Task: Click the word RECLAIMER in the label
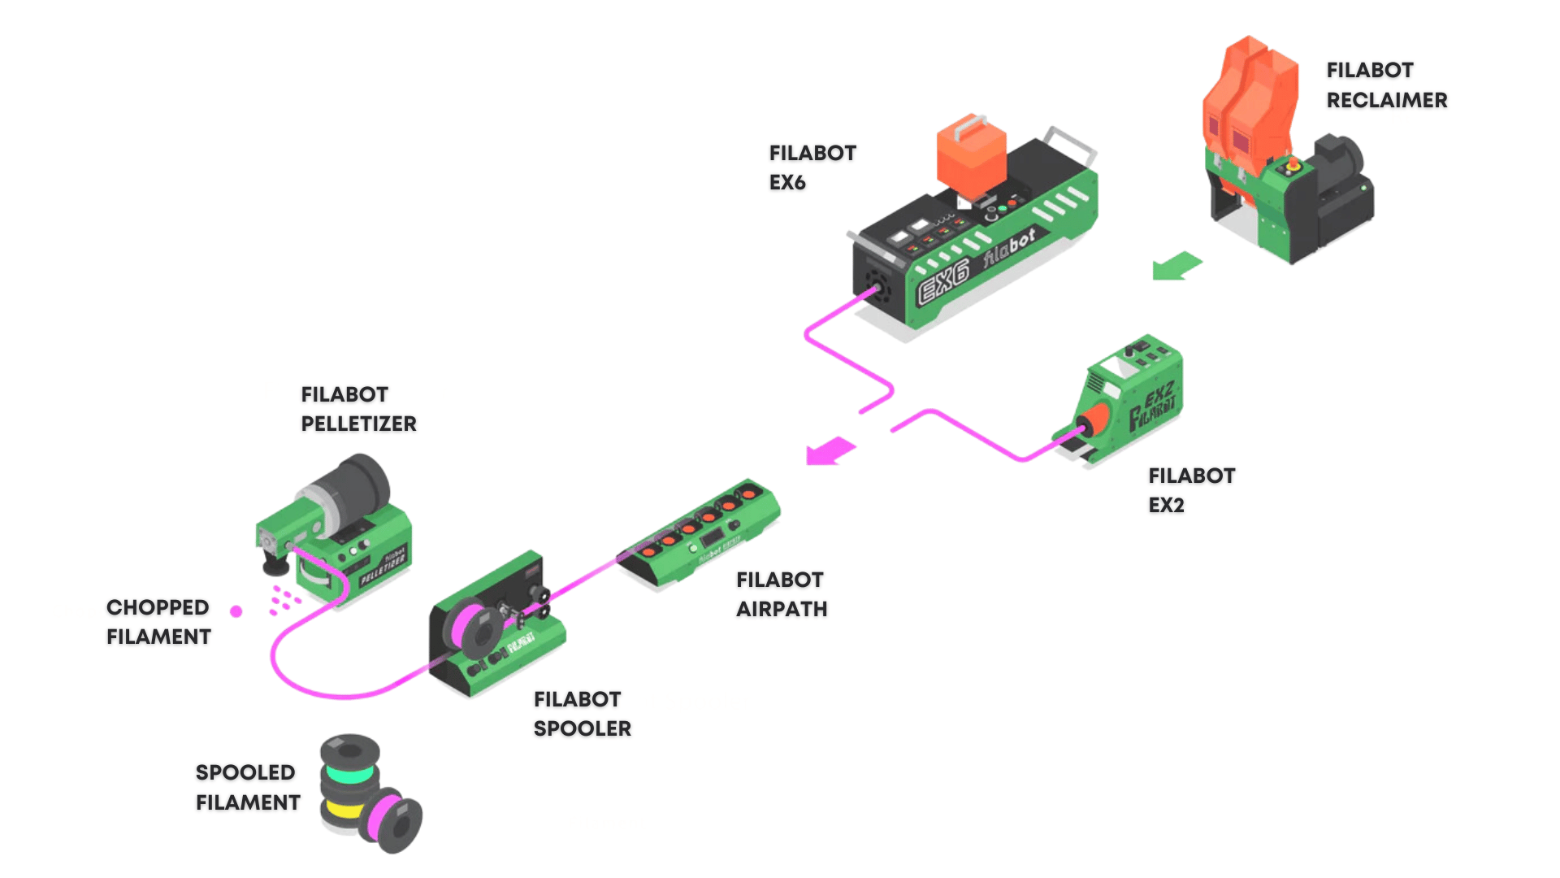[x=1386, y=100]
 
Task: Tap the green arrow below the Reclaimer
[x=1176, y=266]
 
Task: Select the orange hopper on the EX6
[x=970, y=154]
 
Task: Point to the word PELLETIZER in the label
[x=358, y=424]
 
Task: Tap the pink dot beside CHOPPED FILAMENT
[x=236, y=611]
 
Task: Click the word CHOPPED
[x=158, y=607]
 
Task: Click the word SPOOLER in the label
[x=582, y=728]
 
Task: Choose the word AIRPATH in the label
[x=781, y=609]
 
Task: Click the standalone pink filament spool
[x=392, y=819]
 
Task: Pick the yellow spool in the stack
[x=344, y=811]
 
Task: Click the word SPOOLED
[x=245, y=772]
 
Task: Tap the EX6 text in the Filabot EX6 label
[x=786, y=183]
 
